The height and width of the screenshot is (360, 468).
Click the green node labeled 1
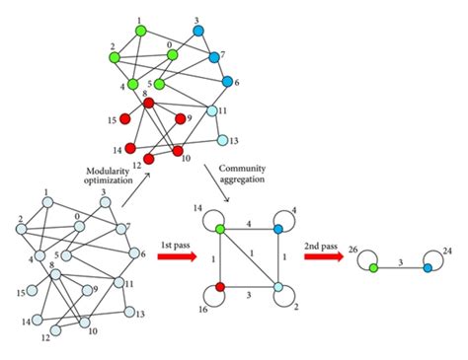point(140,32)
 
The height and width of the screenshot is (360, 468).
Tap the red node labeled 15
point(125,119)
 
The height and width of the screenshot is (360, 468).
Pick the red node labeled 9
point(180,119)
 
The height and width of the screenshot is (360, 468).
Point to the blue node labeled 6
point(228,81)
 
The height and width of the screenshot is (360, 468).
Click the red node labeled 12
point(147,158)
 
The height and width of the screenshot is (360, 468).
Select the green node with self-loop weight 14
point(219,229)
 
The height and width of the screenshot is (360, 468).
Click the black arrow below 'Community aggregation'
point(224,195)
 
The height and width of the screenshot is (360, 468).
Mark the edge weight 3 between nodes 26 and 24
point(399,259)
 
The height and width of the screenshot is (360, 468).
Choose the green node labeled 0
point(172,55)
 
